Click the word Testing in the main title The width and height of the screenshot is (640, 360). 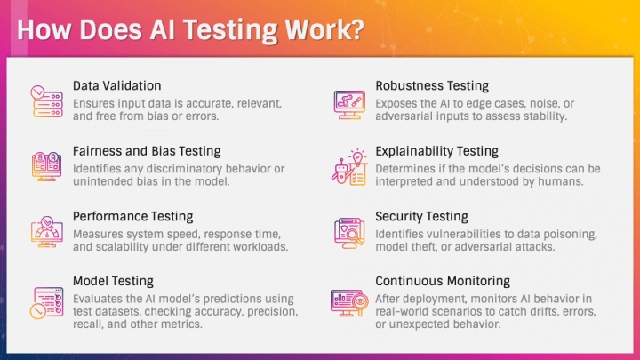click(x=230, y=31)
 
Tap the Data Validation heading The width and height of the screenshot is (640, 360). click(x=117, y=85)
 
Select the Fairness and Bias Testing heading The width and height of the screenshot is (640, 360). click(x=147, y=151)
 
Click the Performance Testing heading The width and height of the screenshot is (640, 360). click(x=133, y=216)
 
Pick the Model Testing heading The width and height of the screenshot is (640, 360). click(x=114, y=281)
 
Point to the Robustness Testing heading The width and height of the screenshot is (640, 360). click(x=432, y=85)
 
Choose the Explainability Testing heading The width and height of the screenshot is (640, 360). click(x=437, y=151)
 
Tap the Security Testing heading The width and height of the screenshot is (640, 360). click(x=422, y=216)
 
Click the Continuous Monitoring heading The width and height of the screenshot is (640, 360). click(x=443, y=281)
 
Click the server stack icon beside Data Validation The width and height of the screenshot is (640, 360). click(x=47, y=102)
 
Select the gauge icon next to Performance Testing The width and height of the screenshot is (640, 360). click(x=47, y=232)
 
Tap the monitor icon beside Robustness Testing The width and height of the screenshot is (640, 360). click(x=349, y=105)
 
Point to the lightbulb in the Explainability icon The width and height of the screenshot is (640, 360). click(x=357, y=157)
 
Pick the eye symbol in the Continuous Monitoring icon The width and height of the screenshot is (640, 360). click(x=360, y=302)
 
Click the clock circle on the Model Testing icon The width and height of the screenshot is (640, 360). click(x=38, y=311)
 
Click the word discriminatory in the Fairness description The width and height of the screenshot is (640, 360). click(x=184, y=169)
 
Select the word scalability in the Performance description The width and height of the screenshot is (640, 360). click(x=122, y=247)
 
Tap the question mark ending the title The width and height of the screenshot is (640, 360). click(x=356, y=30)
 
